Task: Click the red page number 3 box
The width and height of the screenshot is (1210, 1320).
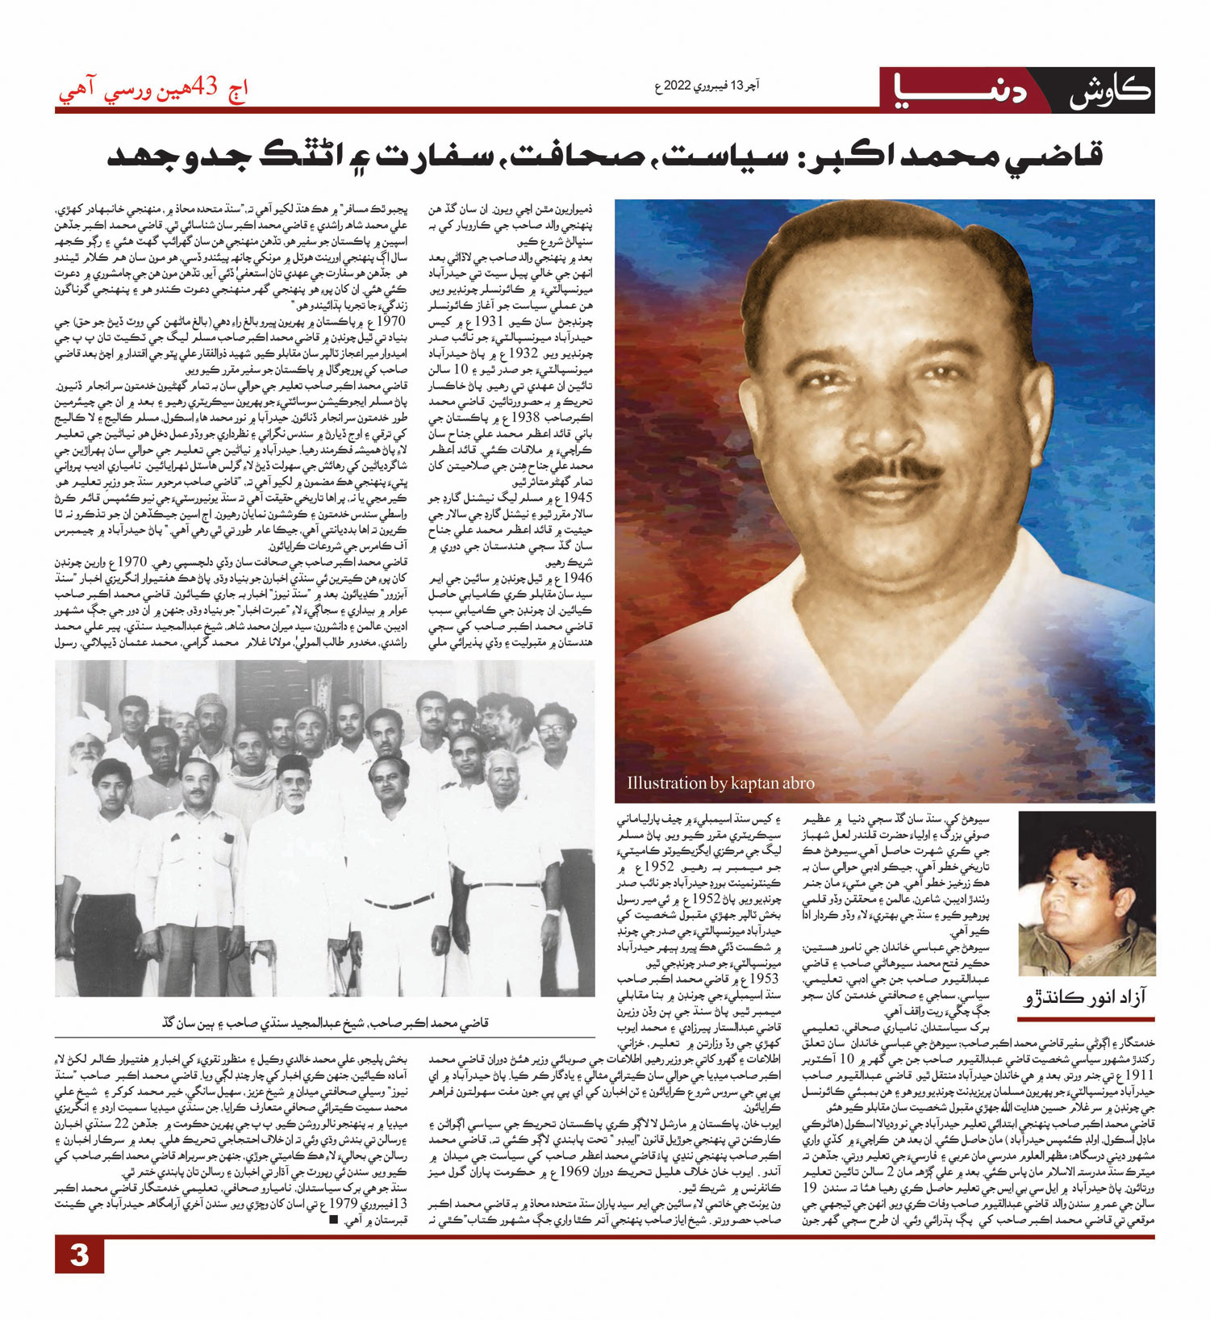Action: click(x=79, y=1255)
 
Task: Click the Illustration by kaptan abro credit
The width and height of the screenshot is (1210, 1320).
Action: click(x=720, y=783)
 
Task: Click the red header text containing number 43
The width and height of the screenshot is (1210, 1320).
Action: click(x=153, y=88)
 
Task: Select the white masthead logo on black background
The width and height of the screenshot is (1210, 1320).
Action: click(x=1110, y=90)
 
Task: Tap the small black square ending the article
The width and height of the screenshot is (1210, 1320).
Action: click(x=333, y=1219)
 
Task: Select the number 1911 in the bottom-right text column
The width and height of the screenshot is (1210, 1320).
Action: click(x=1140, y=1076)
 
